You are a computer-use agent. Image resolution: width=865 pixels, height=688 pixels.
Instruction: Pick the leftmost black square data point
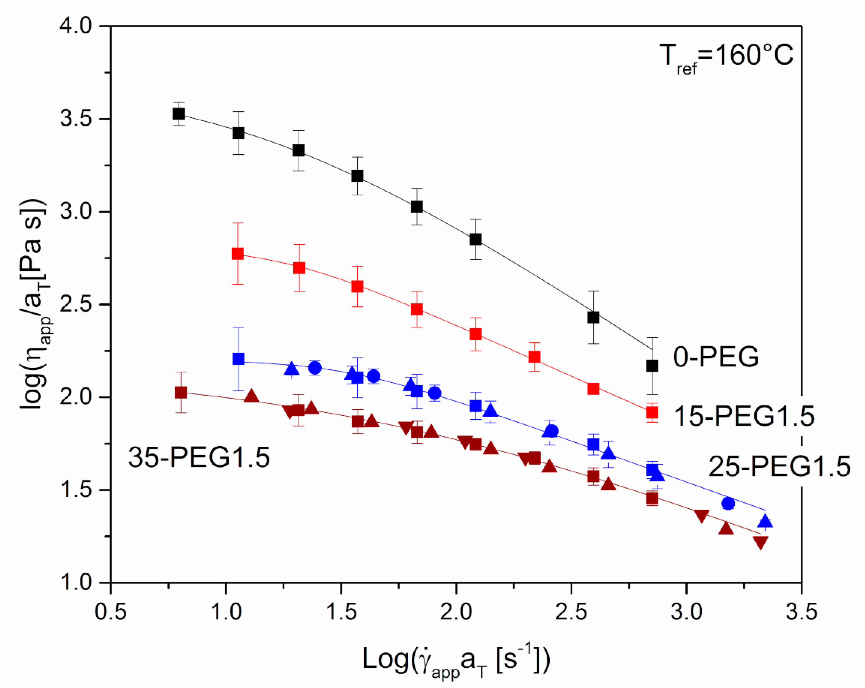click(x=179, y=114)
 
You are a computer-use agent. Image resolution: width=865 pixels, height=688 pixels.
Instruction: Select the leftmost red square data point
click(x=238, y=254)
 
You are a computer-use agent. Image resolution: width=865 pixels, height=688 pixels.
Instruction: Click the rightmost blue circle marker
click(x=728, y=503)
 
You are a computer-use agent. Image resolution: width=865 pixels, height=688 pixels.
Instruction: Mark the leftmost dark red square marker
click(x=181, y=393)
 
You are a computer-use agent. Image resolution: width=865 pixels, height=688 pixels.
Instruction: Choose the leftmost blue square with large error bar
click(x=238, y=359)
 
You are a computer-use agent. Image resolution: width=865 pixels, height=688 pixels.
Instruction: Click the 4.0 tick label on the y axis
click(x=76, y=27)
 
